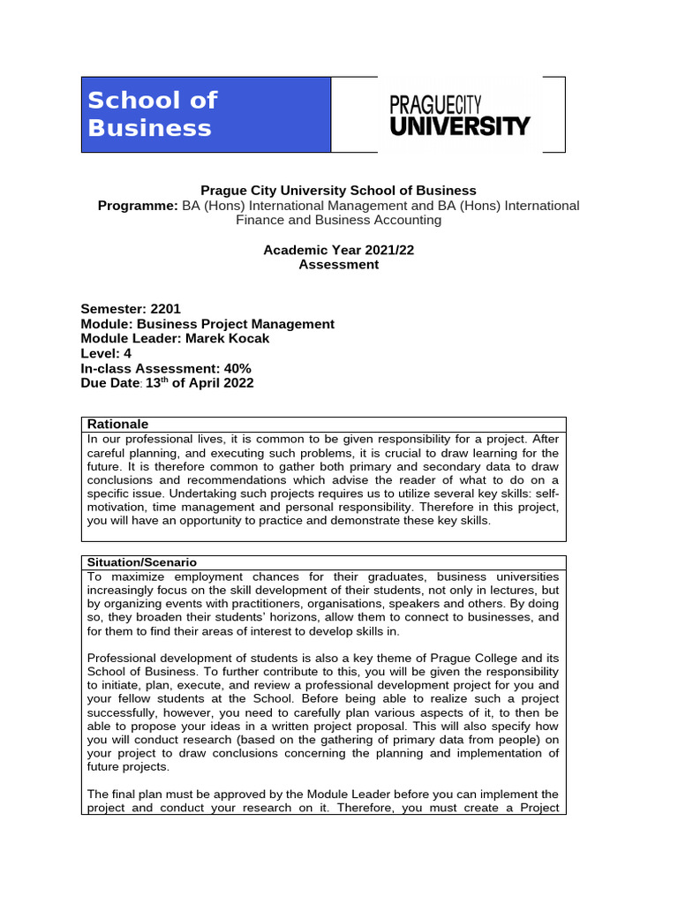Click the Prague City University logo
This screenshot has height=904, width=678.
point(460,115)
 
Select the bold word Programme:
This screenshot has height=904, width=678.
point(138,206)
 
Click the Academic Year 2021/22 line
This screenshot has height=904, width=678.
point(338,250)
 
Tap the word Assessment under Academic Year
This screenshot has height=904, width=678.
point(338,264)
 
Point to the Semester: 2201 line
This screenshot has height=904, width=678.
point(131,309)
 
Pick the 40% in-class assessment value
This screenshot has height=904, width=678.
point(237,368)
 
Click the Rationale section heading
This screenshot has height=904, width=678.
point(117,424)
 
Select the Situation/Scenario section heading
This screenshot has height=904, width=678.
point(141,561)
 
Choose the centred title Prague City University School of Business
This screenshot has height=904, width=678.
point(338,191)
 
